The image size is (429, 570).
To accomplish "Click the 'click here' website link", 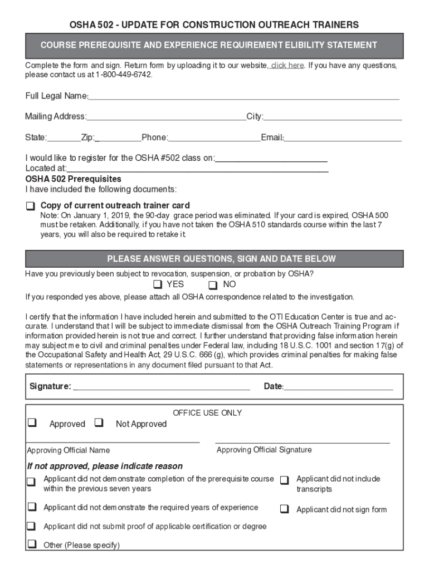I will tap(287, 65).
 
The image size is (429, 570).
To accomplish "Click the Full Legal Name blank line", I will tap(243, 98).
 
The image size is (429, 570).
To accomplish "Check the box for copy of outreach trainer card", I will tap(30, 206).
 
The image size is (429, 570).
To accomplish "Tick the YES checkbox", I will tap(158, 286).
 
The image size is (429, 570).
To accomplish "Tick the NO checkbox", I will tap(212, 286).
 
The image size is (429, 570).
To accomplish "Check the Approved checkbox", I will tap(32, 423).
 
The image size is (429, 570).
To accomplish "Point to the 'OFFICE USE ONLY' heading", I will tap(207, 413).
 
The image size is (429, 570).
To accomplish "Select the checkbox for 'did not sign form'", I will tap(285, 509).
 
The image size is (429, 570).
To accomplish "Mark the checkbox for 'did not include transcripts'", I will tap(285, 479).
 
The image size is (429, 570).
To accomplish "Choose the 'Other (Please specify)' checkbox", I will tap(32, 544).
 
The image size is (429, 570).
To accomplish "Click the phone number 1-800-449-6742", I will tap(123, 75).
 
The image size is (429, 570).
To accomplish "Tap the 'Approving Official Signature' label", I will tap(264, 450).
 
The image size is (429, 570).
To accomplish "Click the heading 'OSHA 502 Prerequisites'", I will tap(73, 179).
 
